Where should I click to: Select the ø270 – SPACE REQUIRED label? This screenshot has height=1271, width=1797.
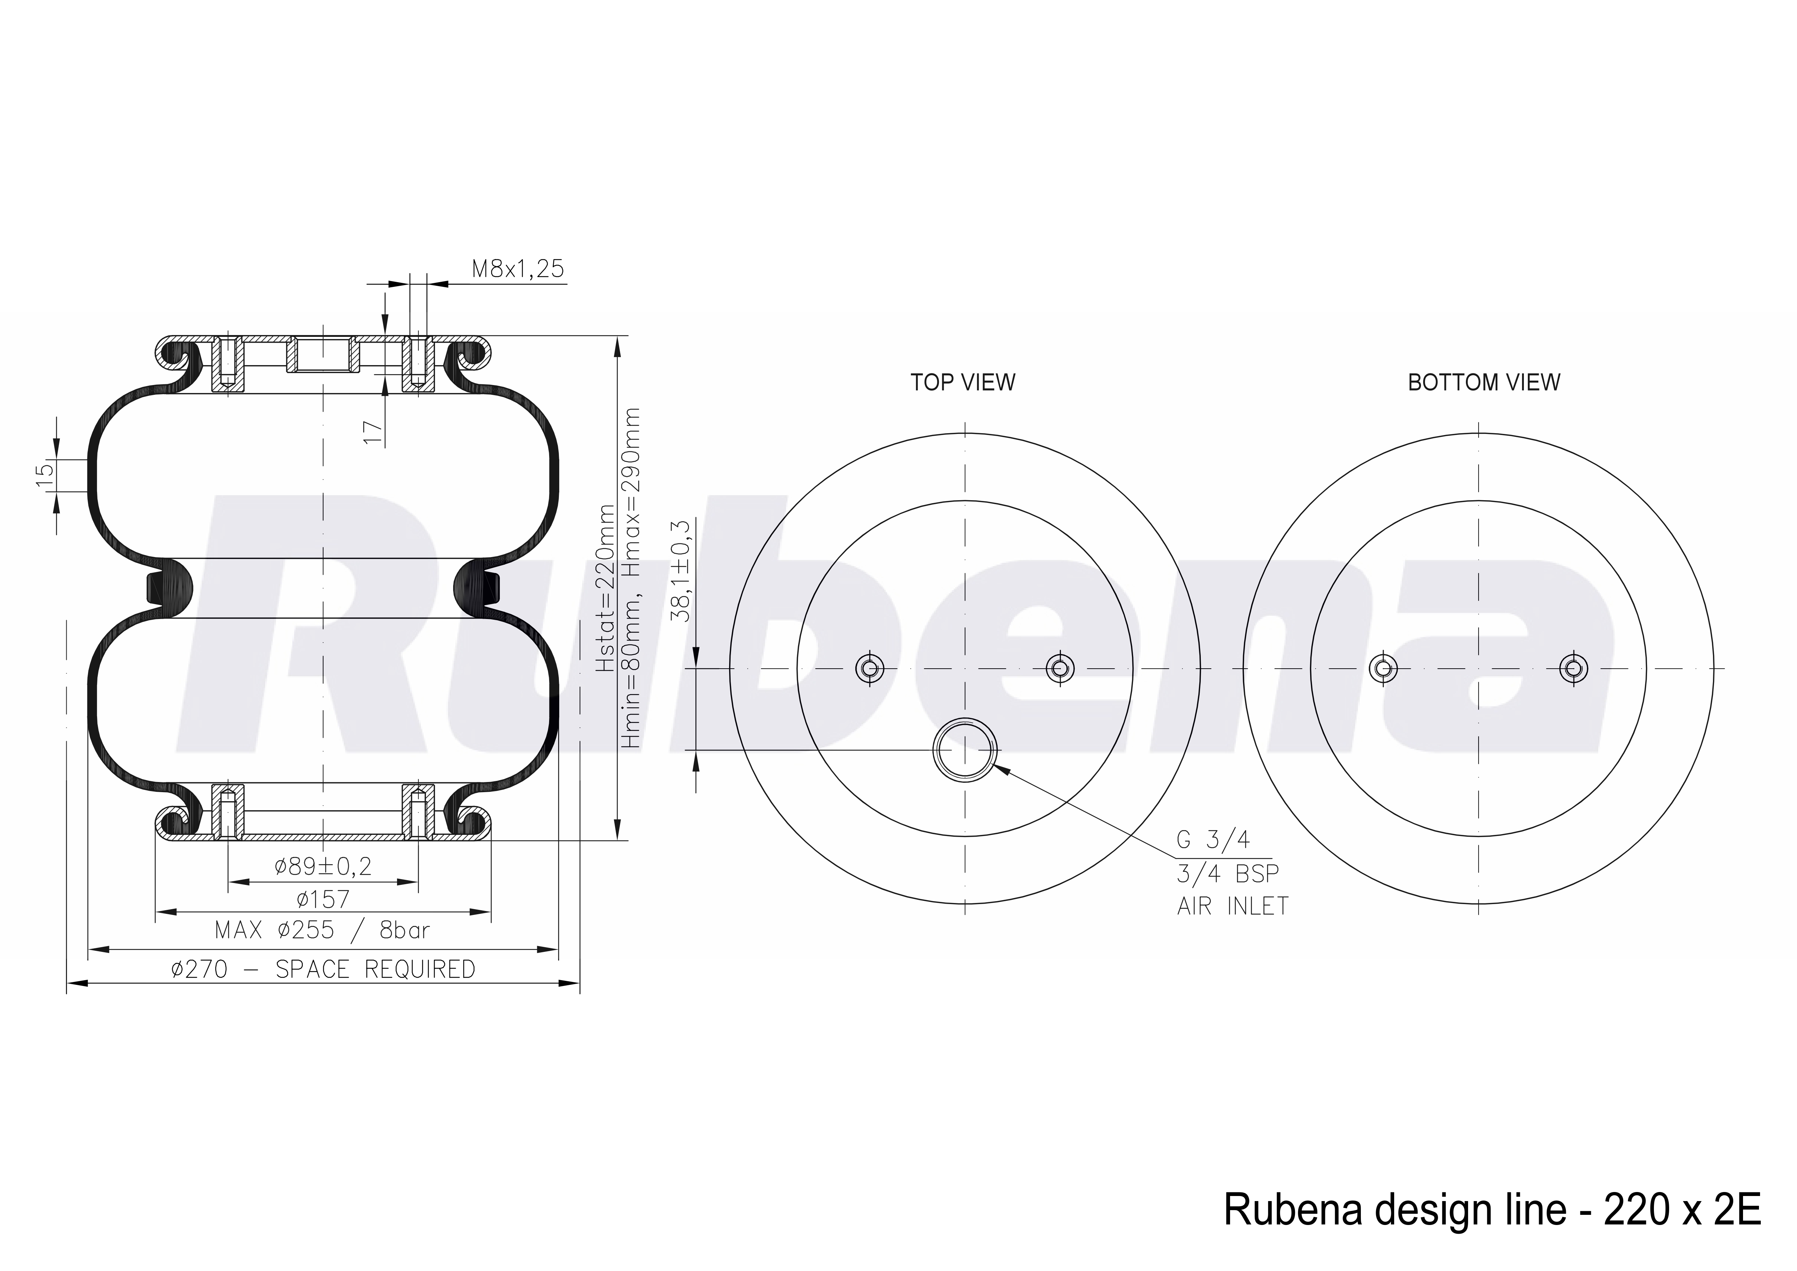(x=323, y=970)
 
